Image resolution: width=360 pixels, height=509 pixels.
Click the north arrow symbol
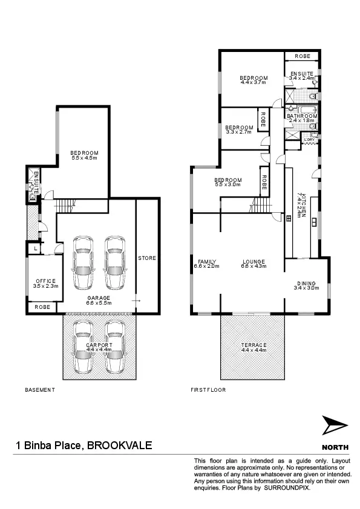(335, 427)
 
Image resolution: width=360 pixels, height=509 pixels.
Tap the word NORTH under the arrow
(335, 447)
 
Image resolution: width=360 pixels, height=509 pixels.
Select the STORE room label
(147, 258)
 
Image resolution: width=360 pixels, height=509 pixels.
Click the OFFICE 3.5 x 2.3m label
(45, 284)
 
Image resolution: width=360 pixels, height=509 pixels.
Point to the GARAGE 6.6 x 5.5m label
(98, 301)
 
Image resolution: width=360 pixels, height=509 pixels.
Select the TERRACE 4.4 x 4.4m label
(253, 348)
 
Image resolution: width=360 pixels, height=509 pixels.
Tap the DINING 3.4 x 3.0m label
(306, 285)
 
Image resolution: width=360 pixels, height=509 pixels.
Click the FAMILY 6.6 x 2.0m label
(206, 264)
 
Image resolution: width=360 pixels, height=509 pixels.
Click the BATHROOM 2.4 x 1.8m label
(302, 118)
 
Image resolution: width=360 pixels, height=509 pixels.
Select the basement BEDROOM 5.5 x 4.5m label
(84, 155)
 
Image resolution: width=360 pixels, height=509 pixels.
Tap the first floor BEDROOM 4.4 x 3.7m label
(253, 80)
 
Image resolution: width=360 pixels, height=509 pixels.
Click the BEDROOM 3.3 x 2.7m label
(238, 129)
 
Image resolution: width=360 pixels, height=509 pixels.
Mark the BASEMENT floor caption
(40, 390)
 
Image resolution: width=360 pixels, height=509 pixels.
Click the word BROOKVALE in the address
(120, 446)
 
